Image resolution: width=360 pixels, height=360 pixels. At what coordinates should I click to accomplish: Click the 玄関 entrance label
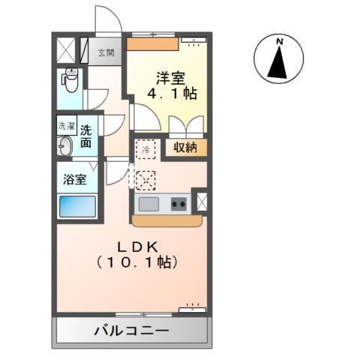pyautogui.click(x=106, y=52)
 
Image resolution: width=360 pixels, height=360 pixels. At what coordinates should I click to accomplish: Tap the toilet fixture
pyautogui.click(x=71, y=78)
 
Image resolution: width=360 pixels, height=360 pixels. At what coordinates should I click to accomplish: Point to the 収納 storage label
pyautogui.click(x=185, y=148)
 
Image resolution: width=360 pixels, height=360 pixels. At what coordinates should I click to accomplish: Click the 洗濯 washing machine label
pyautogui.click(x=67, y=127)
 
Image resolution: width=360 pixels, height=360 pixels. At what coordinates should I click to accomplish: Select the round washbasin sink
pyautogui.click(x=65, y=145)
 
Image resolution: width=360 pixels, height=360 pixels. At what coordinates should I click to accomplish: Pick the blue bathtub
pyautogui.click(x=77, y=206)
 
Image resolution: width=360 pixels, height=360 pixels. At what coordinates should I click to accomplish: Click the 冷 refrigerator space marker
pyautogui.click(x=145, y=149)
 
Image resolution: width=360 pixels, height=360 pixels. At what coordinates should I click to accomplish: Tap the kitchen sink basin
pyautogui.click(x=148, y=202)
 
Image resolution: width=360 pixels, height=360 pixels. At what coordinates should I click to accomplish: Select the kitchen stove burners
pyautogui.click(x=179, y=202)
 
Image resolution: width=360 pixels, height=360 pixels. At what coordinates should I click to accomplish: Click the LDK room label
pyautogui.click(x=135, y=246)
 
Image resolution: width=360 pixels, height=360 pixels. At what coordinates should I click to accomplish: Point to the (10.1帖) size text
pyautogui.click(x=136, y=262)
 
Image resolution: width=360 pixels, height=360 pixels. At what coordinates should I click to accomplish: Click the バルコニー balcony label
pyautogui.click(x=132, y=331)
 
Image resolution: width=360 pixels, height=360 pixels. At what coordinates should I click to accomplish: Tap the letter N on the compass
pyautogui.click(x=279, y=41)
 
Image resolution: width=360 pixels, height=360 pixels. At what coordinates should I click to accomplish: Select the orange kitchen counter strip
pyautogui.click(x=166, y=220)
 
